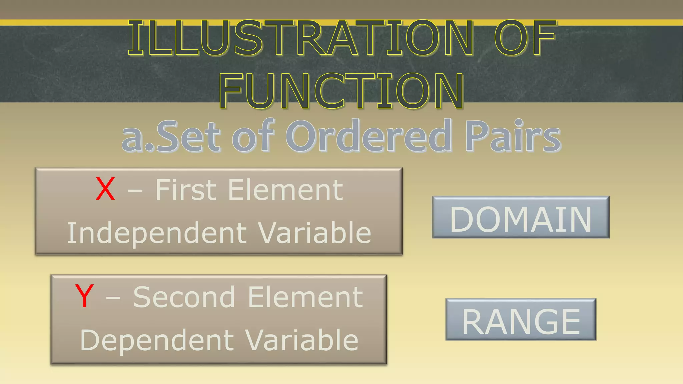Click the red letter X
tap(105, 189)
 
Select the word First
tap(186, 190)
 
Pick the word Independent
tap(157, 233)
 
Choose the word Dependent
tap(157, 340)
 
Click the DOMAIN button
tap(521, 217)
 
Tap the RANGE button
tap(521, 320)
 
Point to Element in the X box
tap(285, 190)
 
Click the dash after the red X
tap(135, 191)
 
